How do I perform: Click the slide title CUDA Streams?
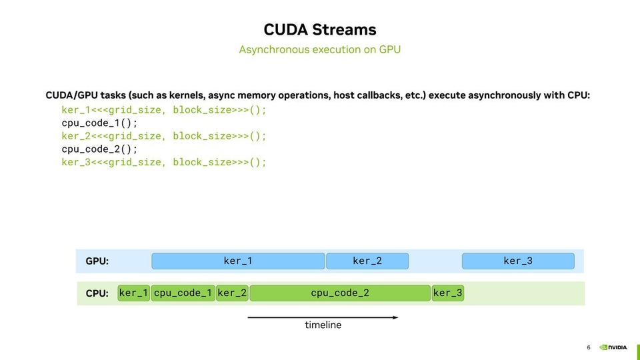coord(320,29)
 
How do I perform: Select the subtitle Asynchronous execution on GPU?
coord(320,49)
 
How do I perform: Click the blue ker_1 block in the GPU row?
coord(238,261)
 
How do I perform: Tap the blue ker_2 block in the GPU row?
coord(367,261)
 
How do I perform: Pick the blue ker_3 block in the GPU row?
coord(518,261)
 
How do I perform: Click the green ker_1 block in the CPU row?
coord(134,293)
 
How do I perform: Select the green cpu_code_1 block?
coord(183,293)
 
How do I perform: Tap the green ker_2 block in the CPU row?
coord(232,293)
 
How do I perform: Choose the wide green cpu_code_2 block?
coord(340,293)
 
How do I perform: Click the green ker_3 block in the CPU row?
coord(448,293)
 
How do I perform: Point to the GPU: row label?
coord(97,261)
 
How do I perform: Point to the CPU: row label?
coord(97,293)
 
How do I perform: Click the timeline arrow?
coord(323,317)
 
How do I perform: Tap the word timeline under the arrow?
coord(323,325)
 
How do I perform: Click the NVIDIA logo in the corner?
coord(613,347)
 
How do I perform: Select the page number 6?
coord(589,347)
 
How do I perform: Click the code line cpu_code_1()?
coord(99,123)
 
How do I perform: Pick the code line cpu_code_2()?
coord(99,149)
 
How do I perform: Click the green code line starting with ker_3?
coord(163,162)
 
